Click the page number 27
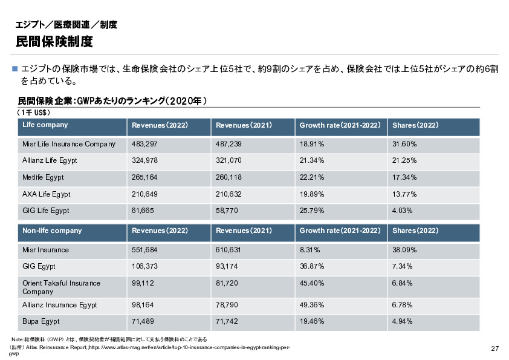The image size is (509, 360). coord(494,349)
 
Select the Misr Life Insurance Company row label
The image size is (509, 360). coord(69,144)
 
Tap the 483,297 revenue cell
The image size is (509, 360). coord(144,144)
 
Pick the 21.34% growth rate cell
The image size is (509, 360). coord(312,160)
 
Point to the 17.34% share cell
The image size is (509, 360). coord(404,177)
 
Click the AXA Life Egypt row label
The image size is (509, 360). coord(47,194)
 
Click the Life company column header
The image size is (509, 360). coord(45,125)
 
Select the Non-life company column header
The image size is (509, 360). coord(52,231)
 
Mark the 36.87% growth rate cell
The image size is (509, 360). coord(312,266)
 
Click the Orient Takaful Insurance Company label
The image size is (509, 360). coord(61,287)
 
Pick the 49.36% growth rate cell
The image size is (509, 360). coord(312,305)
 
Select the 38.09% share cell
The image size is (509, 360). coord(404,250)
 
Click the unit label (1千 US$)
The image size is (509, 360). coord(34,113)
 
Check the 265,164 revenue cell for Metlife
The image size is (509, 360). coord(144,177)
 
